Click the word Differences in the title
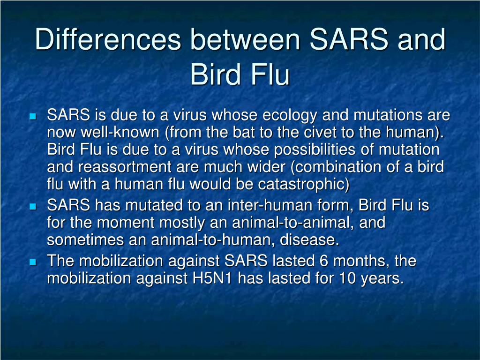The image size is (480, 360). tap(108, 40)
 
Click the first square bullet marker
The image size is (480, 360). tap(32, 116)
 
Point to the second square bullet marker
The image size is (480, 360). tap(32, 206)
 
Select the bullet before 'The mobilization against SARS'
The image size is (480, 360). tap(32, 262)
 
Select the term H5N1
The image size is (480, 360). tap(213, 278)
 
